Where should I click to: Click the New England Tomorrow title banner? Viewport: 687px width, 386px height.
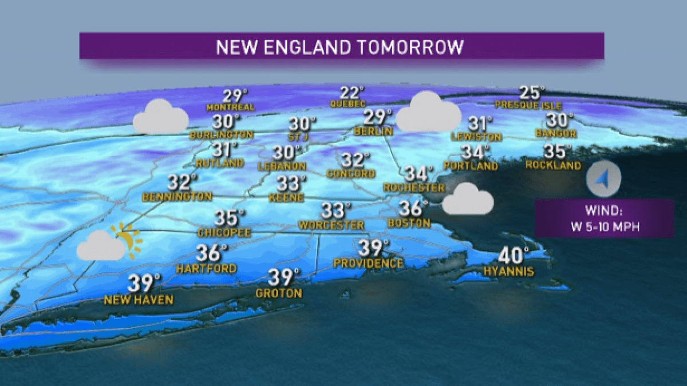(x=341, y=46)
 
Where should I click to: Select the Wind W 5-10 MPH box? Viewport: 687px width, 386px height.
(x=604, y=219)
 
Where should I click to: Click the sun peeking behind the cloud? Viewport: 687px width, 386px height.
(x=128, y=239)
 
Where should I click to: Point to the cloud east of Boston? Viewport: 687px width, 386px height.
(x=468, y=200)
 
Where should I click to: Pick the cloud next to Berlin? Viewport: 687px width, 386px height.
(x=428, y=113)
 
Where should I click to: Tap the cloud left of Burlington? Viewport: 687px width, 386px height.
(x=161, y=117)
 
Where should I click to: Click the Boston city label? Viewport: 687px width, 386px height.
(x=408, y=222)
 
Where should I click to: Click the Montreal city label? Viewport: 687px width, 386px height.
(x=230, y=108)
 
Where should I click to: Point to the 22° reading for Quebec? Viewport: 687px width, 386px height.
(x=351, y=93)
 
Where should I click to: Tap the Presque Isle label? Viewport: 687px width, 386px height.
(x=528, y=106)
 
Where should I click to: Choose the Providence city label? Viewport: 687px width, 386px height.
(x=368, y=263)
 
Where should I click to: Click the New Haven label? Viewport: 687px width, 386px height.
(x=138, y=299)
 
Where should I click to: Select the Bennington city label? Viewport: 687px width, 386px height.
(x=177, y=197)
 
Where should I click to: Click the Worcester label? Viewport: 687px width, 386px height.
(x=331, y=225)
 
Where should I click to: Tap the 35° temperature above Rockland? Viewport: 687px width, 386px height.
(x=556, y=152)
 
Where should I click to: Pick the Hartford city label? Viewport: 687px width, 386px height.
(x=206, y=268)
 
